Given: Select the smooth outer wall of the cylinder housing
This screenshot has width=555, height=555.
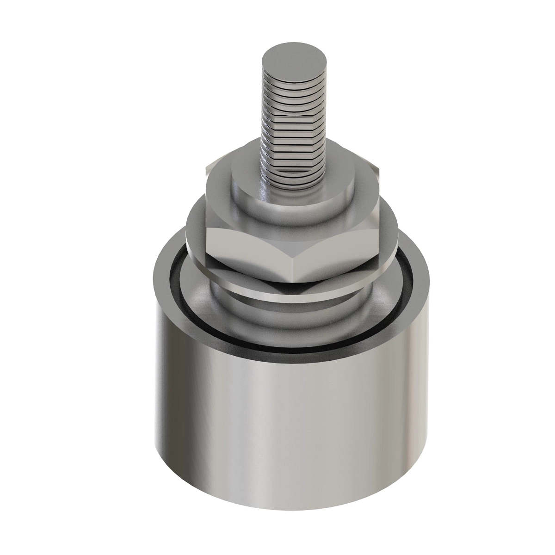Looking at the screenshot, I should point(291,416).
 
